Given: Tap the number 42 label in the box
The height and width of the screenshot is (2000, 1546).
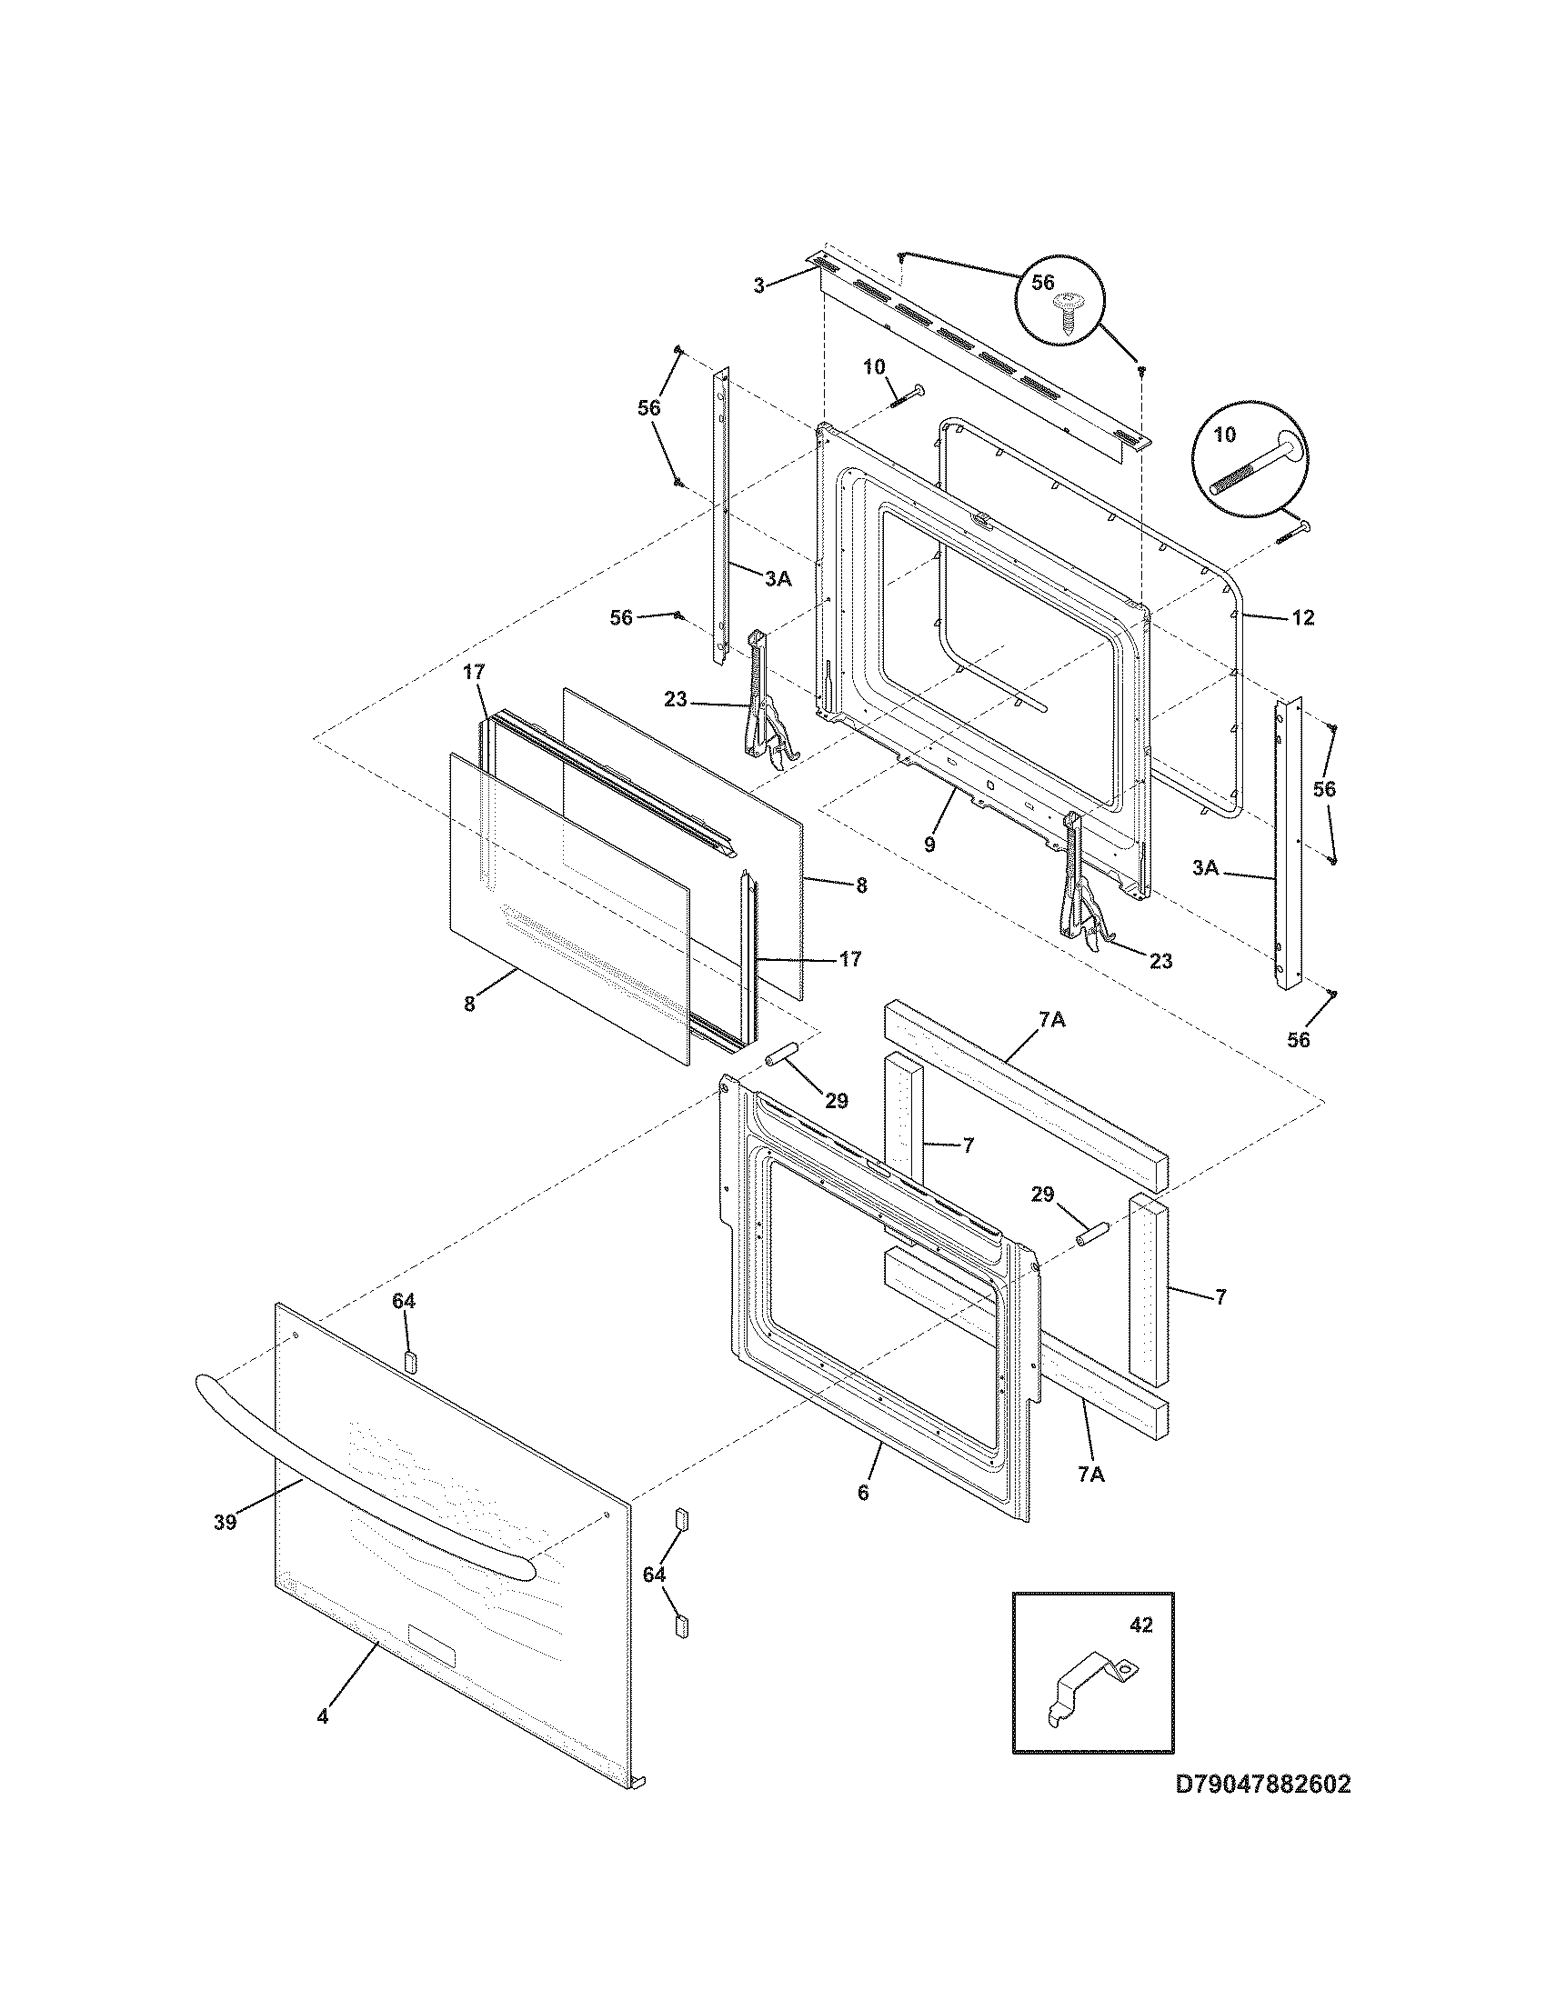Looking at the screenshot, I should point(1139,1625).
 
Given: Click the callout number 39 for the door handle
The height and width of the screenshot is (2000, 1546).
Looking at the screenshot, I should point(226,1522).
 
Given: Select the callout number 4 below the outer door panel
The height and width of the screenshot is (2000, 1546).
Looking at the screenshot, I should point(323,1717).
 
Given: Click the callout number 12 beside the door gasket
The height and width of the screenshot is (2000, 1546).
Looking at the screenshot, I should point(1302,618).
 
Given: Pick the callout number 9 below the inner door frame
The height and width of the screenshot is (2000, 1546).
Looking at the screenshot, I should point(929,845).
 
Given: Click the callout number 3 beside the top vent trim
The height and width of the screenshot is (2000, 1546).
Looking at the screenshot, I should point(758,285).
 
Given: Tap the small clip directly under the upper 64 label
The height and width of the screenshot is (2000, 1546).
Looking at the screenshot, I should point(409,1359).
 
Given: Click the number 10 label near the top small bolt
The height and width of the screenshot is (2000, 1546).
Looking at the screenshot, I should point(874,367).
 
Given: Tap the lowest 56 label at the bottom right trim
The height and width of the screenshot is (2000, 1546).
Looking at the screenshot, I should point(1298,1039).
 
